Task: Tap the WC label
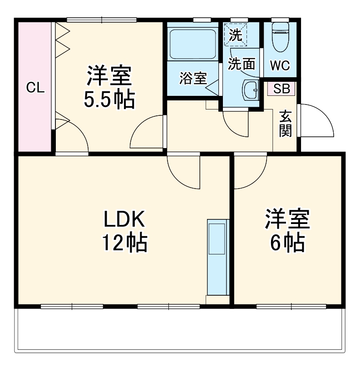pos(280,65)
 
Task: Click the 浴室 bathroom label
pos(193,78)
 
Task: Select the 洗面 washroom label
pos(241,64)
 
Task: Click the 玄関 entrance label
pos(285,123)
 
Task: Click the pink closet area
pos(35,114)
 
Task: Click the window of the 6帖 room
pos(291,306)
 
